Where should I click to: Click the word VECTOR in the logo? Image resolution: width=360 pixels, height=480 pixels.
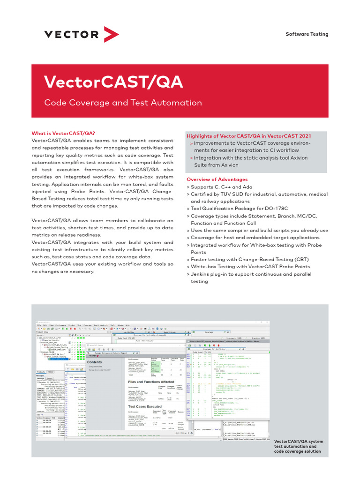(x=72, y=34)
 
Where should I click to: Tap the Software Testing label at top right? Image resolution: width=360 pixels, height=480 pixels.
(x=307, y=34)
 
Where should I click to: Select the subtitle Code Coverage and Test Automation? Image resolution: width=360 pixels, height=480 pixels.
(x=123, y=103)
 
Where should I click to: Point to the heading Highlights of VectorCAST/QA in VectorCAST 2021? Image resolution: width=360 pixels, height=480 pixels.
(x=248, y=136)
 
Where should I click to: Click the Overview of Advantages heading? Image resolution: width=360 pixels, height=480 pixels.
(x=217, y=180)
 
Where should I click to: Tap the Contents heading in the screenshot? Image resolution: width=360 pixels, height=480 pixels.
(x=95, y=362)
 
